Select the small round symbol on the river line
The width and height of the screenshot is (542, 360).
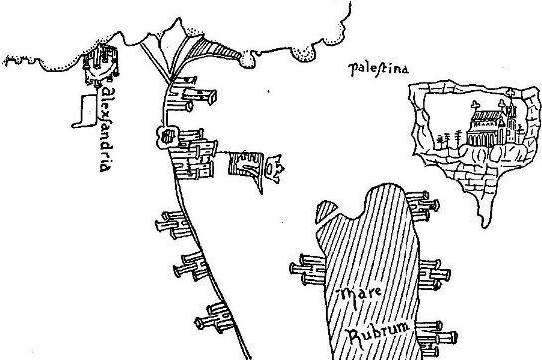click(x=167, y=136)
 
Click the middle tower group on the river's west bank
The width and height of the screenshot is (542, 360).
click(x=188, y=266)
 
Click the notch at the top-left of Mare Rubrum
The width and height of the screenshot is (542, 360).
click(x=321, y=212)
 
